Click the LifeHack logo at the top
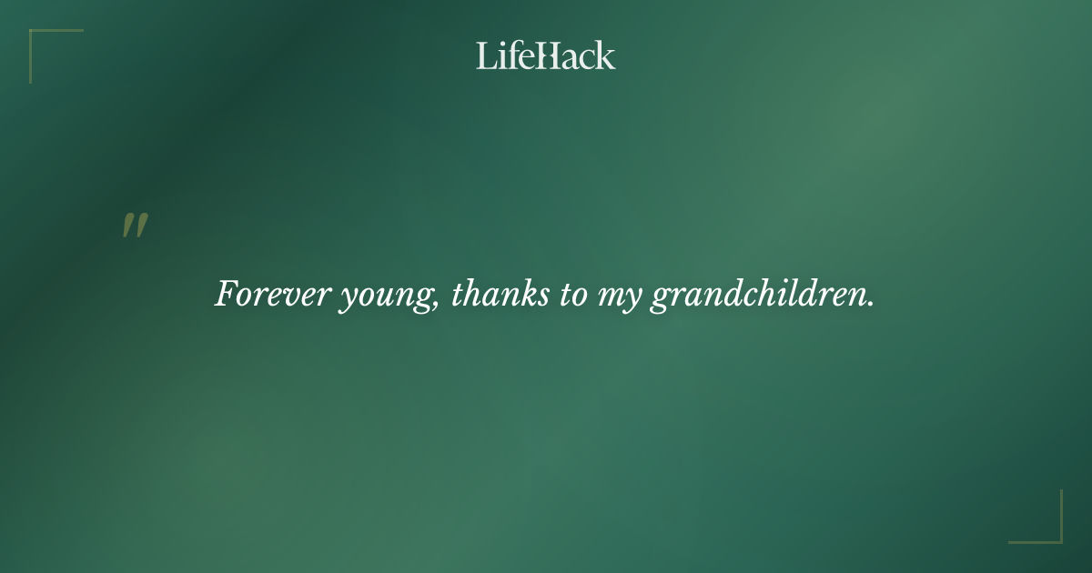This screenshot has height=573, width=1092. [546, 56]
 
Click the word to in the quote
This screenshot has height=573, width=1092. [573, 296]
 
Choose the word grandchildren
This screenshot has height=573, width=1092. [759, 296]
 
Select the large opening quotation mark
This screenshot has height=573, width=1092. [135, 226]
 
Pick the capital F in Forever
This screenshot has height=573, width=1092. [227, 294]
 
